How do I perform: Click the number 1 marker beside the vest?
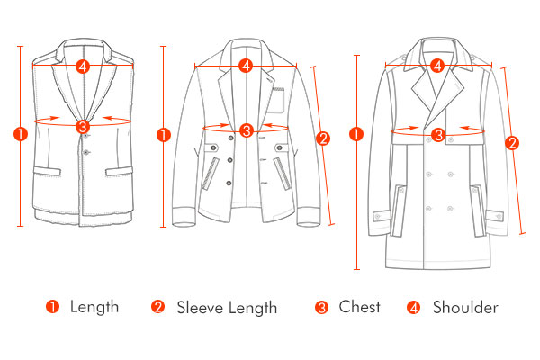pos(21,134)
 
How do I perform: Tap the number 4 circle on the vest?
pos(83,66)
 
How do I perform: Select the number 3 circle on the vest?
pos(83,127)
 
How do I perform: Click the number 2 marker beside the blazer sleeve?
pos(323,139)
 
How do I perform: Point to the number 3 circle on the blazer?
pos(247,130)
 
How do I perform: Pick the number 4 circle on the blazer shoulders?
pos(246,66)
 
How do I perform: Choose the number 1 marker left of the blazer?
pos(163,135)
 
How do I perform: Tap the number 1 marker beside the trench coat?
pos(356,134)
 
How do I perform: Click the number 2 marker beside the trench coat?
pos(512,142)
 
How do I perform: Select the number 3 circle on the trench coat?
pos(438,135)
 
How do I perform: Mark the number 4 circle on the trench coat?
pos(437,66)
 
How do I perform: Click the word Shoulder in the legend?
pos(465,307)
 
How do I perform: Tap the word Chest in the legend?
pos(359,307)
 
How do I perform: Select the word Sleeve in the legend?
pos(200,308)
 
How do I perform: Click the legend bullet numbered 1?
pos(52,306)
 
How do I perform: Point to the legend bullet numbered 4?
pos(413,307)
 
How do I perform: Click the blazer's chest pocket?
pos(276,101)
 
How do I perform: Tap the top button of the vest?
pos(85,136)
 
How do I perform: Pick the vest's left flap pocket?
pos(47,171)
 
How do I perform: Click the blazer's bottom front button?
pos(229,183)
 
